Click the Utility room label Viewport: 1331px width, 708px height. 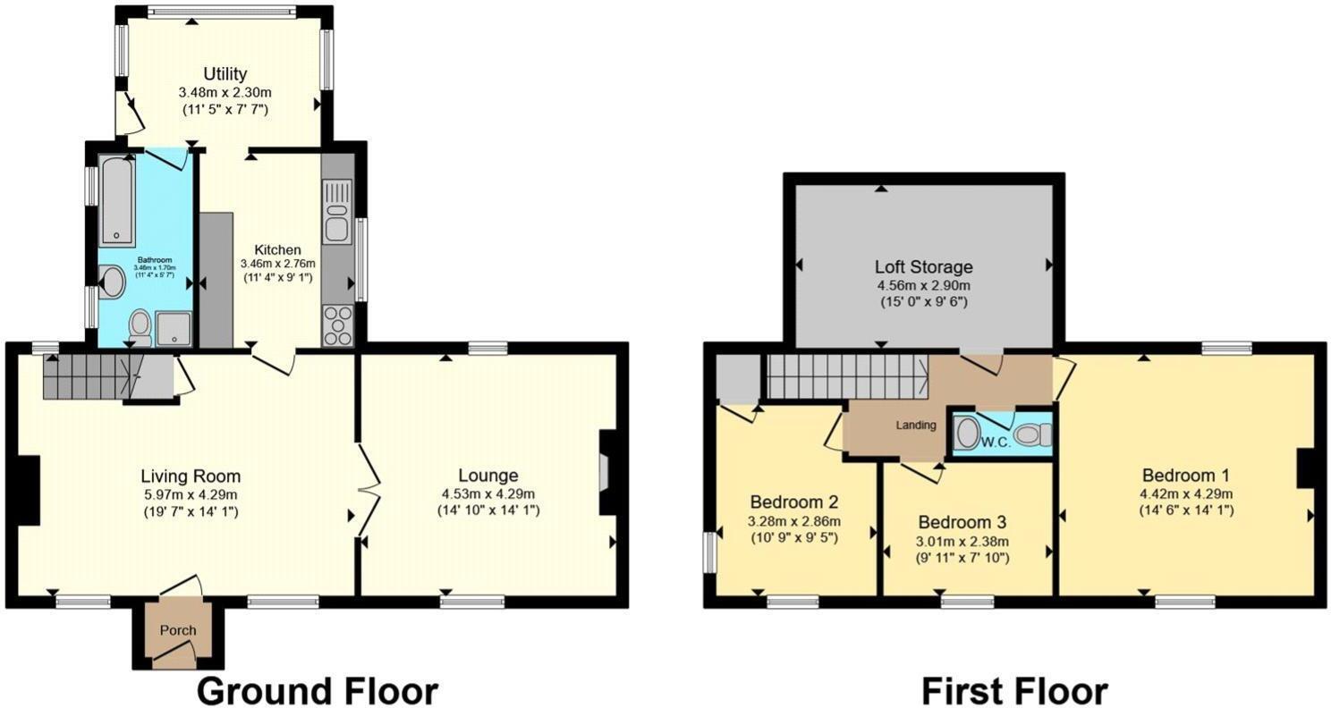click(x=225, y=73)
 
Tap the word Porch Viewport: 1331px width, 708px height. click(x=177, y=630)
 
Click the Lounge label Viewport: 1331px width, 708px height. click(x=488, y=476)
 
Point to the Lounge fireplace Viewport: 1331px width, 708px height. click(x=606, y=472)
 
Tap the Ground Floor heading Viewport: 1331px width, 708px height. click(x=317, y=690)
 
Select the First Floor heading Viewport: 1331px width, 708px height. click(x=1014, y=690)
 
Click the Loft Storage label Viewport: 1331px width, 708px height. click(x=923, y=266)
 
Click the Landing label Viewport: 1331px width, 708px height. click(x=916, y=426)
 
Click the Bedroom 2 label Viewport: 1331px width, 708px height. click(x=793, y=501)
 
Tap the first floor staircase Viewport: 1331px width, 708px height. click(x=845, y=375)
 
